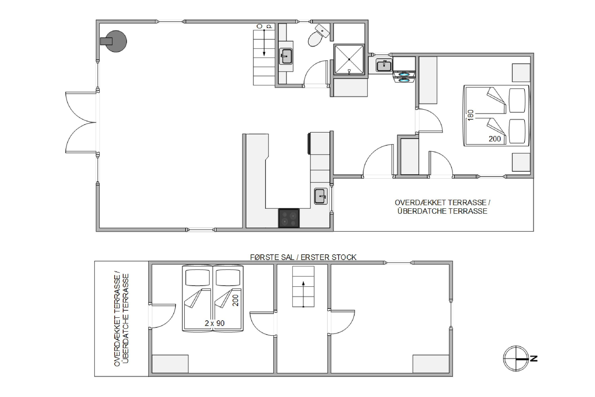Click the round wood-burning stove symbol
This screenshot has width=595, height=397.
[116, 41]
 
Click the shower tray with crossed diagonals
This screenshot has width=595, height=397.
[349, 60]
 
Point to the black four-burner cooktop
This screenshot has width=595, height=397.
[289, 218]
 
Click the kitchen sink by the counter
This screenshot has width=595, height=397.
[321, 196]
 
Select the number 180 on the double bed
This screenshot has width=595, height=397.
[470, 115]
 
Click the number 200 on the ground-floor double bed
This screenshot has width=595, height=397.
[495, 139]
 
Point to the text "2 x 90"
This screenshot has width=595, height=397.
[215, 323]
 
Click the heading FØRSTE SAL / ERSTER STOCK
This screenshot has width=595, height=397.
[303, 257]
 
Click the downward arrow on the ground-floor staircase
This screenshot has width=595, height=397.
[264, 43]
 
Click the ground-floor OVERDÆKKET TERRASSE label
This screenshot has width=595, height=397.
[442, 203]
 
